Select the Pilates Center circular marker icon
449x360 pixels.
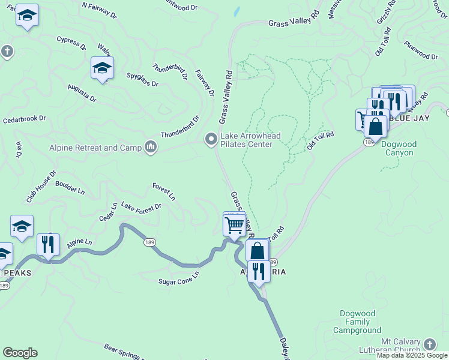(211, 139)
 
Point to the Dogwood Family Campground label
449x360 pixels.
(360, 322)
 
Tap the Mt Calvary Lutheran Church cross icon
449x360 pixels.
(429, 344)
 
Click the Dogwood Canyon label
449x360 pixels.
(397, 148)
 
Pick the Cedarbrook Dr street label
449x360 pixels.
(25, 119)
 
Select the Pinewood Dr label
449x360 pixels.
(421, 51)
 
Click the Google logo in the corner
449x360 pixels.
(19, 353)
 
